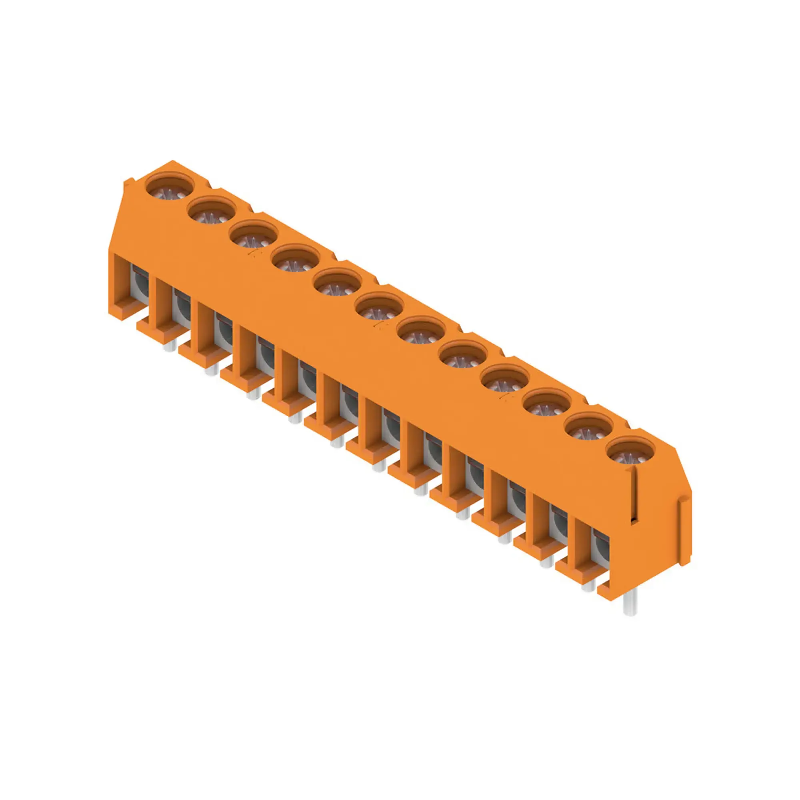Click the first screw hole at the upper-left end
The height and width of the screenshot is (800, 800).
pyautogui.click(x=170, y=187)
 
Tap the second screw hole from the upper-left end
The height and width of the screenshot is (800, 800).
pyautogui.click(x=212, y=211)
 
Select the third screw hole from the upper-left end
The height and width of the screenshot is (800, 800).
pyautogui.click(x=254, y=235)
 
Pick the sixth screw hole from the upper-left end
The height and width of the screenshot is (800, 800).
pyautogui.click(x=379, y=307)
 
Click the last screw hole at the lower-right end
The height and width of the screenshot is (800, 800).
pyautogui.click(x=631, y=452)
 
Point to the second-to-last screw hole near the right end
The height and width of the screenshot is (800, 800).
pyautogui.click(x=589, y=428)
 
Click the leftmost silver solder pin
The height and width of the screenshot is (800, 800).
pyautogui.click(x=168, y=346)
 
